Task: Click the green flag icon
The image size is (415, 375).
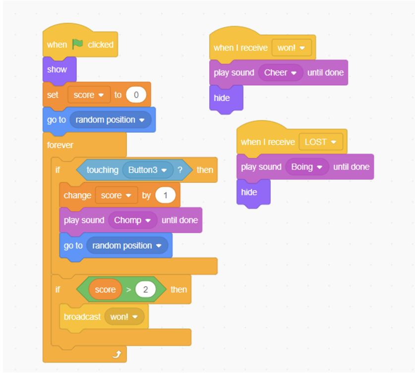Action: pos(78,44)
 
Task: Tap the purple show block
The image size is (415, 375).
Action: pos(58,69)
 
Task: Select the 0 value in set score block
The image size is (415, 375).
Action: pos(136,95)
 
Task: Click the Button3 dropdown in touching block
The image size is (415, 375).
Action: pos(147,170)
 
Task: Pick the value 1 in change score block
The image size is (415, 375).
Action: pos(165,195)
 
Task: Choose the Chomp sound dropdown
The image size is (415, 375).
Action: pos(132,220)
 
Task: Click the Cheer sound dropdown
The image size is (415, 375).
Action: pos(281,73)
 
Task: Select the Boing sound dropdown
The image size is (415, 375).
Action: pos(307,167)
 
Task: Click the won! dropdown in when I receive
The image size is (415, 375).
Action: pos(291,48)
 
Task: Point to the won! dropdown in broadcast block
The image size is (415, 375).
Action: pos(124,316)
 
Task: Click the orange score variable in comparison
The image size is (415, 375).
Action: pos(105,290)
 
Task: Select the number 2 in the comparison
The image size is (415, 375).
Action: pos(145,290)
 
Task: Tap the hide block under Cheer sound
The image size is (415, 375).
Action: pos(222,98)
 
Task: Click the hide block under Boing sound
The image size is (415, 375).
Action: pos(249,192)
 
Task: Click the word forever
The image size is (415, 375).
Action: pos(60,145)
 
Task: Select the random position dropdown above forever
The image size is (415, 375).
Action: pos(111,120)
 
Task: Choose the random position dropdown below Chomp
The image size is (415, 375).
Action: pos(127,246)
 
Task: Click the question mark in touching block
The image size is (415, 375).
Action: pos(180,170)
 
